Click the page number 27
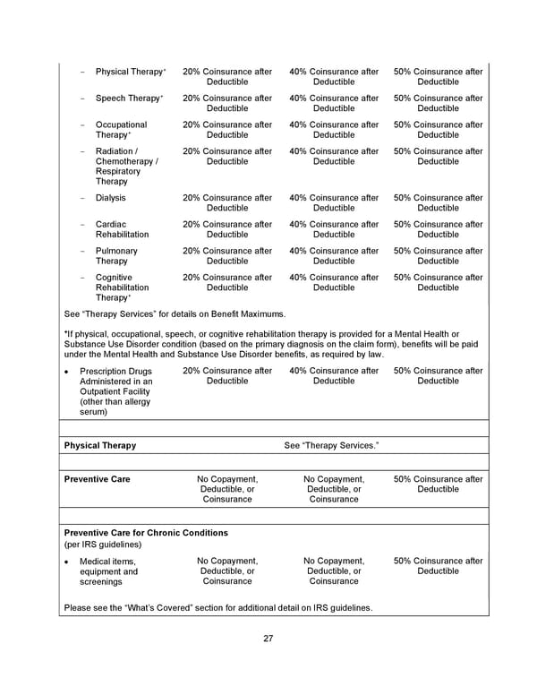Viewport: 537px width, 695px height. point(268,639)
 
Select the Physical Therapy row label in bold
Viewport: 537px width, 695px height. point(100,445)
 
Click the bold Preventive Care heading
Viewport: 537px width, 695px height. point(97,479)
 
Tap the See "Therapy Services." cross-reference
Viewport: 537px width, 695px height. point(331,445)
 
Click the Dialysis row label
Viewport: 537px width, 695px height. point(110,198)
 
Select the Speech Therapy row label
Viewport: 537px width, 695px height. point(129,99)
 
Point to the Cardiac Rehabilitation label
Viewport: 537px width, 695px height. point(122,229)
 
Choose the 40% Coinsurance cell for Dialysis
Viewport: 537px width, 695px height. point(334,203)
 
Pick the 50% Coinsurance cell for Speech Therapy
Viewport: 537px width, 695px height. point(438,104)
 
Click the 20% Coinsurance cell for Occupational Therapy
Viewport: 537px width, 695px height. point(227,130)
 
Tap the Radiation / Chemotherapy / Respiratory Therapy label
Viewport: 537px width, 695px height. point(126,167)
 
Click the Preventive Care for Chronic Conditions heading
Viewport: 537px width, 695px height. point(146,533)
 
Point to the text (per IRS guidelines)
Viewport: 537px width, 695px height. point(103,545)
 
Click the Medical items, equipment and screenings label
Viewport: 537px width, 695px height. point(108,571)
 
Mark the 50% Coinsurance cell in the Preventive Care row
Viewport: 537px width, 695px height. point(438,485)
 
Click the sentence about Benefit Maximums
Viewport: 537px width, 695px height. point(175,315)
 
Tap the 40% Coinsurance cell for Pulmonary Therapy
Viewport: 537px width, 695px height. point(334,256)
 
